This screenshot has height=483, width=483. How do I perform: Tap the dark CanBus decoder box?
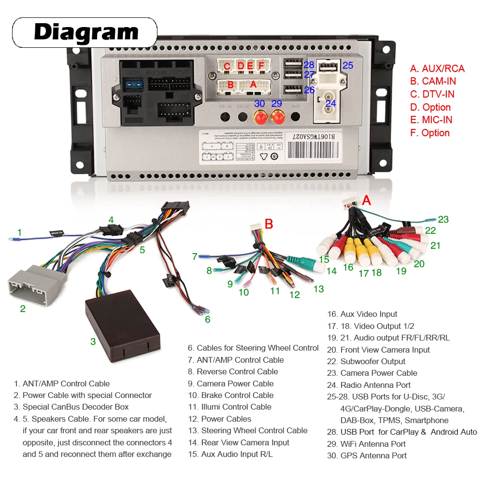(123, 324)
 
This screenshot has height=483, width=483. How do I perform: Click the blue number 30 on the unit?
(259, 103)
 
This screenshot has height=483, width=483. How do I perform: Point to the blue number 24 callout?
(330, 103)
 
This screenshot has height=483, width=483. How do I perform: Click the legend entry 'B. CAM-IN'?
(433, 81)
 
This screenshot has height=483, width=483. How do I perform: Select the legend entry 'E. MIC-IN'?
(431, 120)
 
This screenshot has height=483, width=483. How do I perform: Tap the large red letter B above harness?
(269, 224)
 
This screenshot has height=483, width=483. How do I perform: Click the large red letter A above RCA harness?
(367, 199)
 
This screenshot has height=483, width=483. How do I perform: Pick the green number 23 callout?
(443, 219)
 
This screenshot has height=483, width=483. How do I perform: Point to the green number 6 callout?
(207, 319)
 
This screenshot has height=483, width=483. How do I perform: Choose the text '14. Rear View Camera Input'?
(239, 442)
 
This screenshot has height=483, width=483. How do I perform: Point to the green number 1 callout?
(19, 232)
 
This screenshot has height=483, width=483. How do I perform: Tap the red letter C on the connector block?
(227, 66)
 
